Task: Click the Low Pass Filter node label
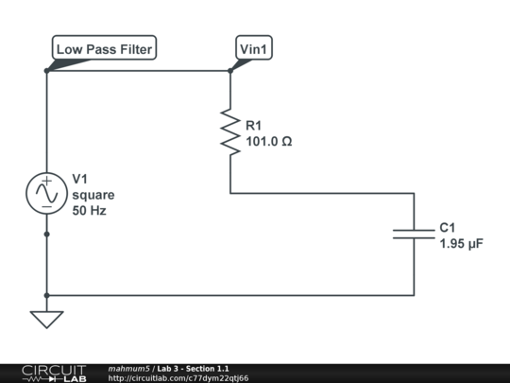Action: (x=103, y=48)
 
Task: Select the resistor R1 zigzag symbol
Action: (x=230, y=131)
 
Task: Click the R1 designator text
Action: (x=255, y=126)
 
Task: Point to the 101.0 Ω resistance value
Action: (x=269, y=142)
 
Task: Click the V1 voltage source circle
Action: (x=45, y=193)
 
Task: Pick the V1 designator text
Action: (x=81, y=180)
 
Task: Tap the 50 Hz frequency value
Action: (x=90, y=211)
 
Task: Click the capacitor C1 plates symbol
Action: (x=414, y=233)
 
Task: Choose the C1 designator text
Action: (x=448, y=228)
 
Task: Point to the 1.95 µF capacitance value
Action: (x=462, y=244)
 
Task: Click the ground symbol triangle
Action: (x=45, y=320)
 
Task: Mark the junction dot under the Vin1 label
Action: (x=230, y=70)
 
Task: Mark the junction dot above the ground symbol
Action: (x=45, y=295)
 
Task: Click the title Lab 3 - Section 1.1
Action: (x=194, y=368)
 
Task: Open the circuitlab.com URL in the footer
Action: (x=178, y=378)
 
